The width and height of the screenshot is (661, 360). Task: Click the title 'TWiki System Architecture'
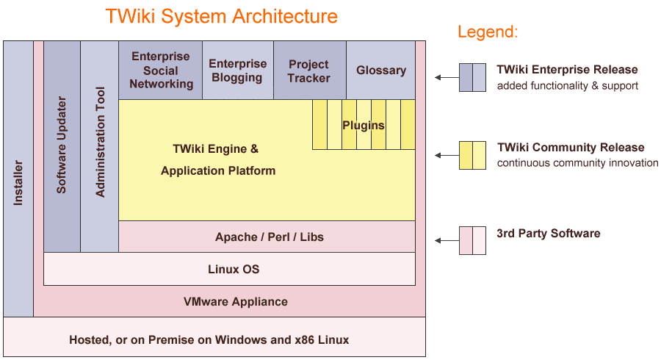click(x=221, y=16)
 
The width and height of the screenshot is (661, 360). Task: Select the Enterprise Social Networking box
click(x=161, y=71)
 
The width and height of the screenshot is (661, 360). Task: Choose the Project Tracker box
click(x=308, y=71)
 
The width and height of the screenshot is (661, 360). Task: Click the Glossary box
click(x=380, y=71)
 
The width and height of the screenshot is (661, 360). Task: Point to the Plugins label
click(x=363, y=125)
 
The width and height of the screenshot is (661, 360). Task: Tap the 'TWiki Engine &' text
click(x=215, y=149)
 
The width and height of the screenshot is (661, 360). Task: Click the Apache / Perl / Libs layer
click(x=269, y=237)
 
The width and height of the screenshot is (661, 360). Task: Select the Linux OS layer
click(x=234, y=270)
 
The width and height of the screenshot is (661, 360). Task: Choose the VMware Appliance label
click(x=235, y=301)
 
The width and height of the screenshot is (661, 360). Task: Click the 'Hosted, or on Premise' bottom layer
click(x=209, y=339)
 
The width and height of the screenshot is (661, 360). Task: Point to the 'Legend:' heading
click(x=488, y=32)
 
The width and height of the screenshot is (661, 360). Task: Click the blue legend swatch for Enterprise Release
click(x=472, y=77)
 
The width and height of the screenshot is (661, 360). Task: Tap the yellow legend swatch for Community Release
click(x=472, y=155)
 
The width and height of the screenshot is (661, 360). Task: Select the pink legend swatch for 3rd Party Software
click(x=472, y=240)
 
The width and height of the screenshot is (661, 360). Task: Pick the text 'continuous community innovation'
click(x=577, y=163)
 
